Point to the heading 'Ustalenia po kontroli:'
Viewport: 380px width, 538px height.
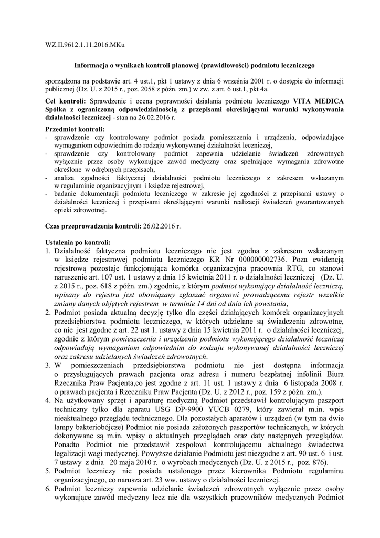[x=78, y=242]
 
